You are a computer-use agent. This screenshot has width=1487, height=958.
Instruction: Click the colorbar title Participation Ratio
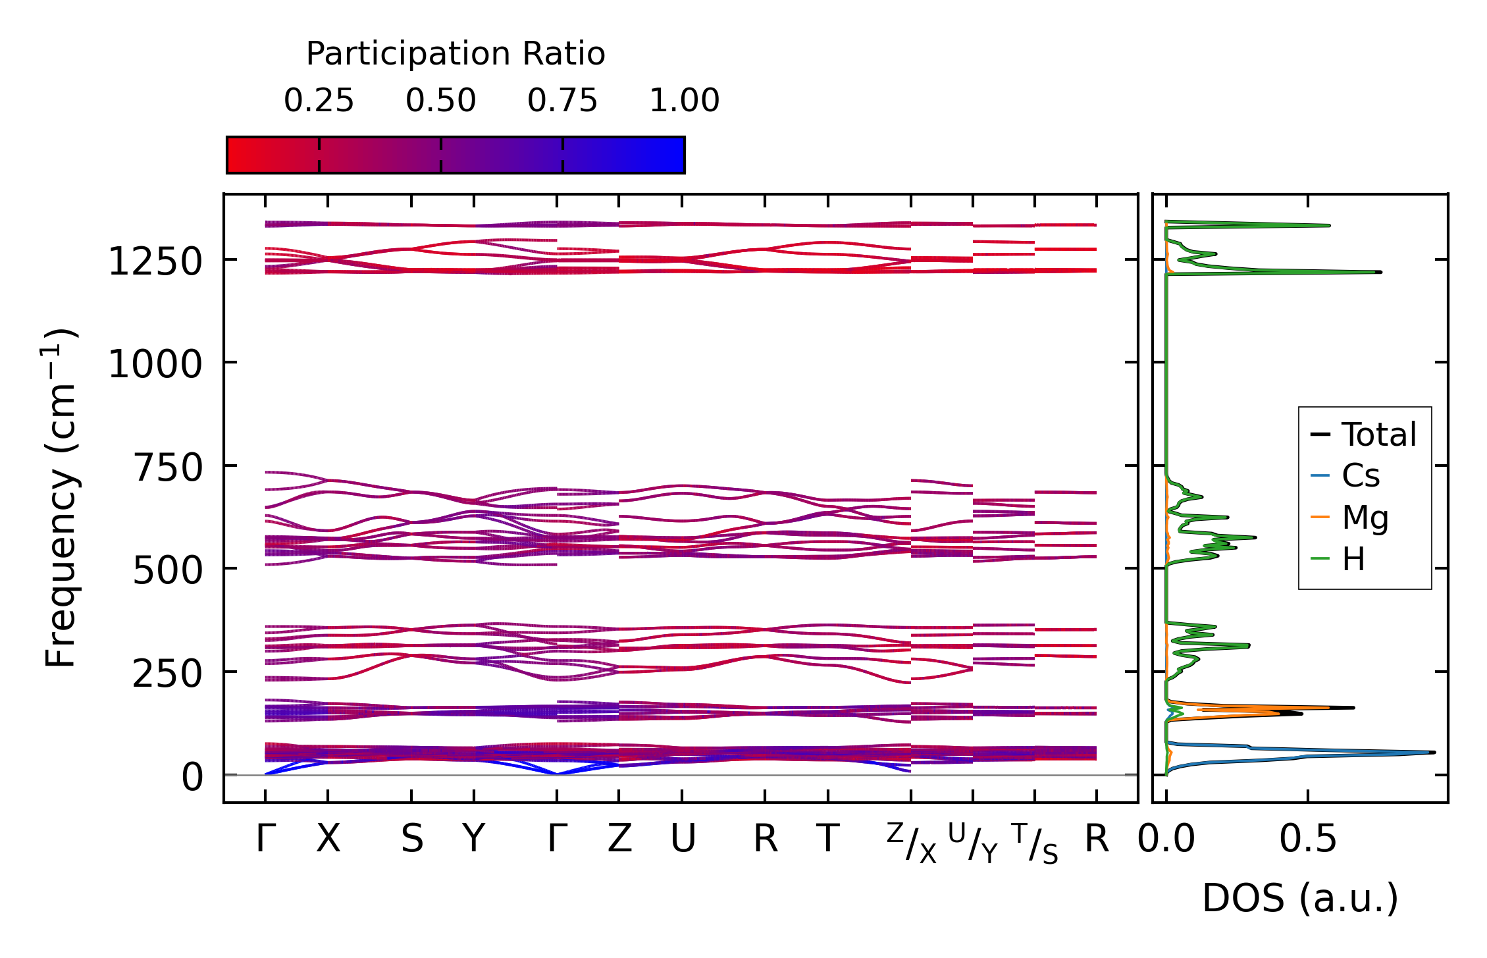click(x=455, y=54)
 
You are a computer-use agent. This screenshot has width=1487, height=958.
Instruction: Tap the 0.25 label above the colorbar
click(x=319, y=101)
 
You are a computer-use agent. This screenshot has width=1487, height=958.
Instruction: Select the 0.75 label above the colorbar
click(x=562, y=101)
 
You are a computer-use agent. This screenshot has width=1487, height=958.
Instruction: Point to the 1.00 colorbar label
click(x=684, y=101)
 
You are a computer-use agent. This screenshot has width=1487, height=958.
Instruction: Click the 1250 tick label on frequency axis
click(x=155, y=262)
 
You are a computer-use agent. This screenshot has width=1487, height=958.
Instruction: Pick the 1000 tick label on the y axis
click(x=155, y=364)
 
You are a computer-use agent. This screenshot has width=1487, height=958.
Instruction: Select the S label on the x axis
click(x=412, y=839)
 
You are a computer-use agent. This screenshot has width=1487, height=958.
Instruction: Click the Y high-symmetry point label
click(x=474, y=839)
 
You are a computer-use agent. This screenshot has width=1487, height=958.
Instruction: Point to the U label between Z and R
click(x=683, y=839)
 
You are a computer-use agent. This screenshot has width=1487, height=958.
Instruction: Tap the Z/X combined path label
click(x=911, y=843)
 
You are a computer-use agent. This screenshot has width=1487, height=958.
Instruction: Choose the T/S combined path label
click(x=1035, y=843)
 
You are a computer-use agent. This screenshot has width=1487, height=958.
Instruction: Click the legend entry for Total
click(x=1378, y=435)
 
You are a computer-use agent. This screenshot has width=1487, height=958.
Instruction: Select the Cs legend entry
click(x=1361, y=475)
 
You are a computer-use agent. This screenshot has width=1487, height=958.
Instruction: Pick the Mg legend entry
click(x=1365, y=518)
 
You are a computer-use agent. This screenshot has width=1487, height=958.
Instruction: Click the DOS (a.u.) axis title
click(x=1300, y=898)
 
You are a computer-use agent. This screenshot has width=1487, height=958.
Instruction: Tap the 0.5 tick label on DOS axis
click(x=1308, y=839)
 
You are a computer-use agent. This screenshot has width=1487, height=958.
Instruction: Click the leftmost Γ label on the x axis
click(x=265, y=839)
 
